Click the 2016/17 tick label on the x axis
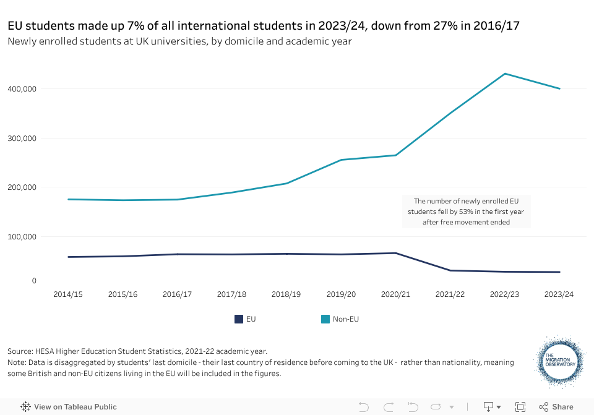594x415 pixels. click(x=177, y=294)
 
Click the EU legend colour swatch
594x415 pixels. click(x=238, y=319)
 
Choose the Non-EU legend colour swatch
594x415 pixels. click(x=325, y=319)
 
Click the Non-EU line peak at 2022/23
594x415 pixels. click(x=505, y=74)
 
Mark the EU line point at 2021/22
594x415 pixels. click(x=450, y=270)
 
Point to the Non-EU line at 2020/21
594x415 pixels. click(x=396, y=155)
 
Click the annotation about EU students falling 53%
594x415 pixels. click(x=466, y=212)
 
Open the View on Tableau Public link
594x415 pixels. click(x=69, y=407)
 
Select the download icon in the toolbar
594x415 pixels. click(x=488, y=407)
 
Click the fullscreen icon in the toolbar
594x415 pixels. click(x=520, y=407)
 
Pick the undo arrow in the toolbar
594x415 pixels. click(x=364, y=407)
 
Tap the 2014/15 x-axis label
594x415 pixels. click(x=68, y=294)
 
